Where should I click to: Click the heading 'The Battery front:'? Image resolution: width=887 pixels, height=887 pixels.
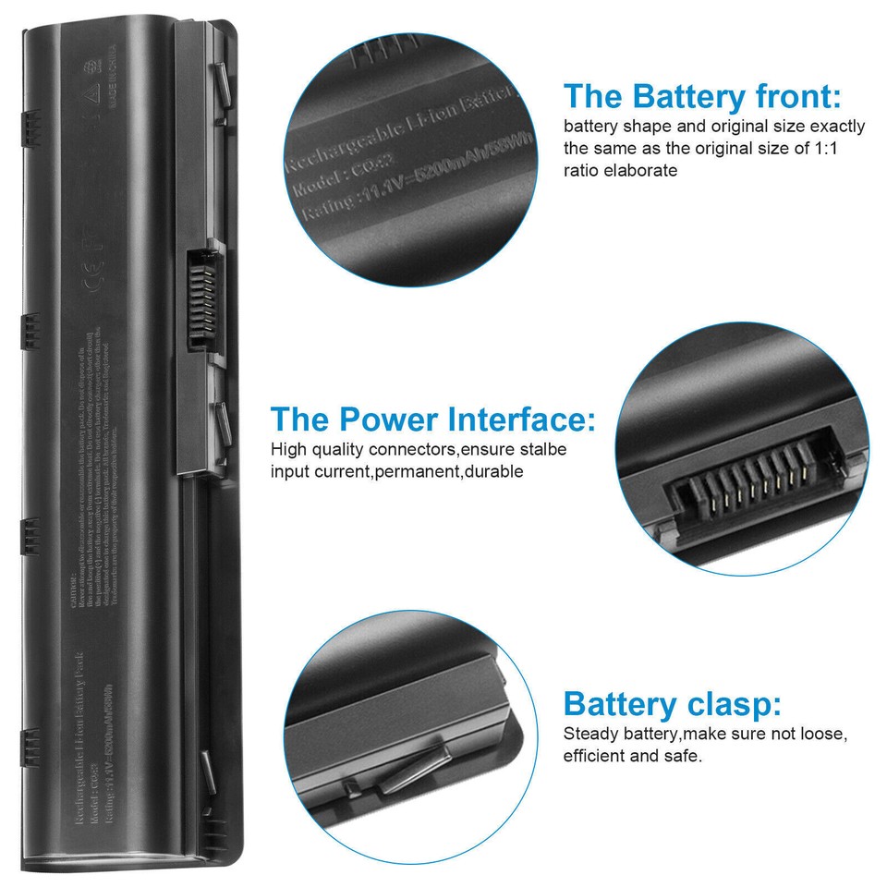click(x=702, y=96)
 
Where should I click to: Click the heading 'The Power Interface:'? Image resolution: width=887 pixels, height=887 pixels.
click(x=432, y=419)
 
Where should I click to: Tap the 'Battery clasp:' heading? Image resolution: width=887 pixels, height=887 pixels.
click(x=672, y=704)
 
